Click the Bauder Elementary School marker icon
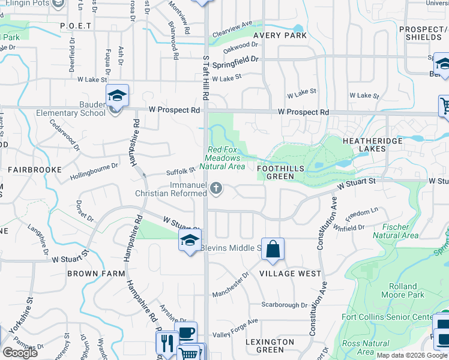[117, 95]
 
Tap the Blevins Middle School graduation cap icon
[190, 241]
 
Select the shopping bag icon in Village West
[273, 249]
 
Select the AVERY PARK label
[280, 35]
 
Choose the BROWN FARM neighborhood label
[96, 274]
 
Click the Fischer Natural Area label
[395, 231]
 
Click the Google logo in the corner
[20, 353]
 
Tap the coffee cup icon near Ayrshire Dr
[187, 332]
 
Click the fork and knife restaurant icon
[166, 343]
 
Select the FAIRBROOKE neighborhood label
[34, 170]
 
